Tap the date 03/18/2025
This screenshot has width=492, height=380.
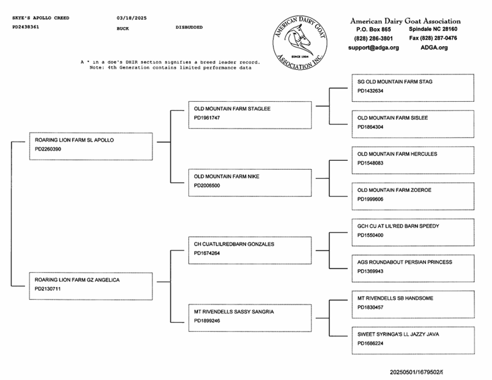pyautogui.click(x=132, y=18)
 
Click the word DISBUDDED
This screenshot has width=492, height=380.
pyautogui.click(x=189, y=28)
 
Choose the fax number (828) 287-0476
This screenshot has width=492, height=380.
pyautogui.click(x=433, y=38)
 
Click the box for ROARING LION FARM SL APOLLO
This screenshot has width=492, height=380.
pyautogui.click(x=91, y=146)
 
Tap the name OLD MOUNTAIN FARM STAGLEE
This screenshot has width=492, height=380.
pyautogui.click(x=232, y=109)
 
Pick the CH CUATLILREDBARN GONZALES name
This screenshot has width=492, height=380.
pyautogui.click(x=234, y=244)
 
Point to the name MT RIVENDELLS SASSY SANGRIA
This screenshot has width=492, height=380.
pyautogui.click(x=234, y=312)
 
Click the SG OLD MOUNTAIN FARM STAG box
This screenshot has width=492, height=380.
pyautogui.click(x=413, y=88)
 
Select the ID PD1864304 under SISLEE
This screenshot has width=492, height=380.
pyautogui.click(x=370, y=127)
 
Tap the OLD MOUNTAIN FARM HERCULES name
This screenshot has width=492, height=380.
pyautogui.click(x=397, y=154)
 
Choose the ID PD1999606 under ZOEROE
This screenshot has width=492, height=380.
pyautogui.click(x=370, y=199)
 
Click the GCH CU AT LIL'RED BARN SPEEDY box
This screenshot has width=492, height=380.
pyautogui.click(x=413, y=232)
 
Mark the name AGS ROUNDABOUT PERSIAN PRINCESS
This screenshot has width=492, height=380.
pyautogui.click(x=404, y=262)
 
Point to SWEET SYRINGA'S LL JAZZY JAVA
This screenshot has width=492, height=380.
pyautogui.click(x=398, y=335)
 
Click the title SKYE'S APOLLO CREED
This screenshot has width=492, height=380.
pyautogui.click(x=41, y=18)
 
